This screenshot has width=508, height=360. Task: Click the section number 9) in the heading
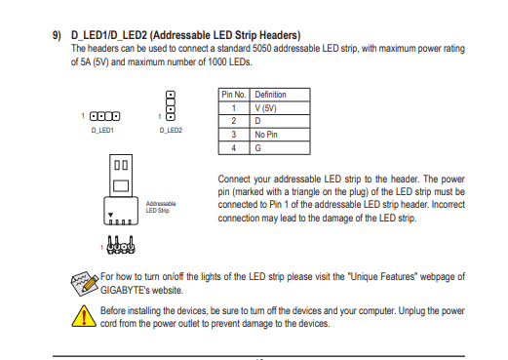coord(57,35)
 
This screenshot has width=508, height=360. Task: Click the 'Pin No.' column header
coord(233,95)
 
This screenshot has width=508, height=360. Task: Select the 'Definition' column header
coord(270,95)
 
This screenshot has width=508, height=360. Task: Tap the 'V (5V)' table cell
coord(265,108)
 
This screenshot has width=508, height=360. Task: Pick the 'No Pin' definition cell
coord(266,135)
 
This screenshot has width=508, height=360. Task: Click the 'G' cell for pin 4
coord(257,148)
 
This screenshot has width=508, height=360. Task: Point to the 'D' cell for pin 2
coord(257,121)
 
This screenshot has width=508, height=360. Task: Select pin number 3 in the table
coord(233,135)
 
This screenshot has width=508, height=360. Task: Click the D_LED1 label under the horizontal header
coord(102,130)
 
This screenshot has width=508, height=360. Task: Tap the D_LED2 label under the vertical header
coord(171,130)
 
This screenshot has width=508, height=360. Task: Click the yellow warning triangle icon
coord(84,316)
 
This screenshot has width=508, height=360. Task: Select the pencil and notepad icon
coord(85,283)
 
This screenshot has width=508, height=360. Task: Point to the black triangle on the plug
coord(110,215)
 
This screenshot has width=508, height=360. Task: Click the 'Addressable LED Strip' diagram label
coord(161,207)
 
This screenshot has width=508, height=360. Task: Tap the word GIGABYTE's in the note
coord(125,290)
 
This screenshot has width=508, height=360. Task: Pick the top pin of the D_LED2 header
coord(171,95)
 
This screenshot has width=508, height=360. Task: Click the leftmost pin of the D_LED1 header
coord(94,116)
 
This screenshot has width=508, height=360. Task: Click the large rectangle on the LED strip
coord(121,185)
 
